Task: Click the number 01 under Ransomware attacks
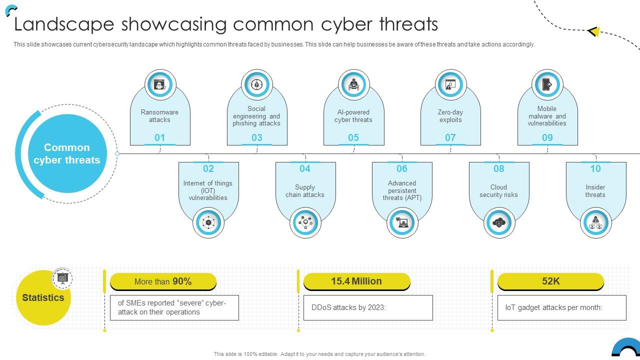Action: [159, 137]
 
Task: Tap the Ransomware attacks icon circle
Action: [159, 84]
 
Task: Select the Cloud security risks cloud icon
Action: [499, 222]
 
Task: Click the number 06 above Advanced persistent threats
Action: [402, 168]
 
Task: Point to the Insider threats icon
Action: [595, 222]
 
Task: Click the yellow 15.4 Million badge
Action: [356, 281]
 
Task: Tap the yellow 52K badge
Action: [550, 281]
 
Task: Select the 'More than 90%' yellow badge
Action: [163, 281]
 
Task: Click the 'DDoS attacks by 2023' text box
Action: [368, 307]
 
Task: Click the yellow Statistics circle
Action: [43, 298]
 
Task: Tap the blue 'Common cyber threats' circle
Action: [66, 153]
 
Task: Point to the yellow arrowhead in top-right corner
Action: [594, 31]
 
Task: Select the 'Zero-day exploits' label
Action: [450, 116]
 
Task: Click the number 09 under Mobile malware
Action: [547, 137]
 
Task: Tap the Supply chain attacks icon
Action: [305, 222]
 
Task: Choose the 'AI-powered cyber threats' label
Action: [353, 116]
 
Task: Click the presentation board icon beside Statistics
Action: [62, 278]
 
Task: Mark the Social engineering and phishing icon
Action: [256, 84]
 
